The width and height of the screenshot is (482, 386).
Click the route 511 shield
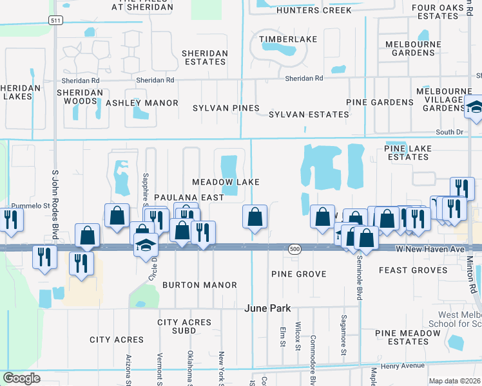[x=56, y=21]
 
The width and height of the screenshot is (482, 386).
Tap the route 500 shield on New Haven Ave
[x=295, y=248]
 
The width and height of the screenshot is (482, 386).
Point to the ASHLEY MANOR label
[x=142, y=103]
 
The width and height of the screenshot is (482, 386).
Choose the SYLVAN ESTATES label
[x=309, y=115]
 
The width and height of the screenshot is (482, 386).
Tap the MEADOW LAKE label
[x=225, y=182]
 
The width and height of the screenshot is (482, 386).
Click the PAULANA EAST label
[x=188, y=198]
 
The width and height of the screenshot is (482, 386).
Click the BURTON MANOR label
[x=199, y=284]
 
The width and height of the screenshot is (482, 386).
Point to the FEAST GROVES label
[x=413, y=270]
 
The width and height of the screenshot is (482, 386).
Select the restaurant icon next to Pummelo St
[x=11, y=219]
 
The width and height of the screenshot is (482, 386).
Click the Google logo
[x=21, y=378]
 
